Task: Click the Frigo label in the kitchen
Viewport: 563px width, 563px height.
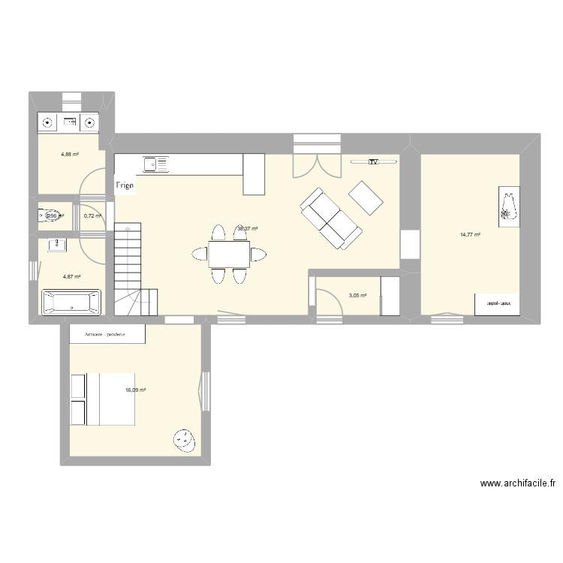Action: pos(125,185)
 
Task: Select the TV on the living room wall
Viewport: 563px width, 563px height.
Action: pos(372,161)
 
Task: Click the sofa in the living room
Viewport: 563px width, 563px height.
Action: pos(331,218)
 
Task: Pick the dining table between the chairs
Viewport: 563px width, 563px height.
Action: pos(229,254)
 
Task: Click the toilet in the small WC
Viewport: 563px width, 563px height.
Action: pos(50,216)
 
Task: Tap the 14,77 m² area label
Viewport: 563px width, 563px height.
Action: pos(470,235)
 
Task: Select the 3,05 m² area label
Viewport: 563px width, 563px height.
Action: pos(358,296)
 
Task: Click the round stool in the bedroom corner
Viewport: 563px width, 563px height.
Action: pos(183,439)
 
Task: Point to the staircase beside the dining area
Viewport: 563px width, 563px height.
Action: pos(128,266)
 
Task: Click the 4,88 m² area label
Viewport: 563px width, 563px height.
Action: pos(71,155)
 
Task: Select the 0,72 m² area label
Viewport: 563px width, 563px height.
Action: pos(92,216)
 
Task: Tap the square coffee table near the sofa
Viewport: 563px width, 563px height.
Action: pos(366,198)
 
